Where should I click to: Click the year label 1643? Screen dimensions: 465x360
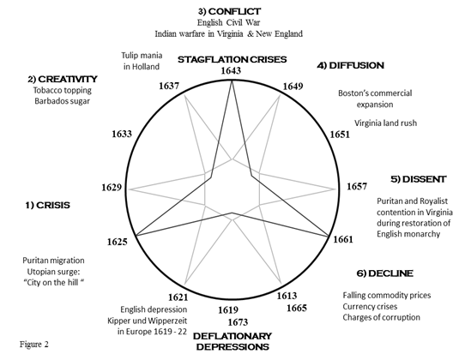(231, 71)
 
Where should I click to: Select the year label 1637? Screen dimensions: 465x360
(169, 86)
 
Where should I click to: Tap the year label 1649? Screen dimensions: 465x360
(293, 87)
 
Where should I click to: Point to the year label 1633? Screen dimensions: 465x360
(122, 134)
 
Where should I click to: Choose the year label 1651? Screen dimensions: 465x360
(340, 135)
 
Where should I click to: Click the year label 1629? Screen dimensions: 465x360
(112, 188)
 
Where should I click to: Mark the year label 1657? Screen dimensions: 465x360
(357, 186)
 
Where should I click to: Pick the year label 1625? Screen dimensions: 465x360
(118, 242)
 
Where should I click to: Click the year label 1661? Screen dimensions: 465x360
(343, 239)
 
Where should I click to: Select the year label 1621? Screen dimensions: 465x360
(178, 297)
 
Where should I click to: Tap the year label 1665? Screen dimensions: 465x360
(297, 309)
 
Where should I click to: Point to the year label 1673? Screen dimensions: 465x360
(238, 322)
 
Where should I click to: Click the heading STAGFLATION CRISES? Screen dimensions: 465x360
(232, 59)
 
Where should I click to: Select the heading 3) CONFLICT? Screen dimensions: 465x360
(230, 11)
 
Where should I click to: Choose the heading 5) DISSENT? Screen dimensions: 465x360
(419, 179)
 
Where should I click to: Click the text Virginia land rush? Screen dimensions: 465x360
(385, 123)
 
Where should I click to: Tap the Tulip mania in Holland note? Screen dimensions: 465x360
(142, 61)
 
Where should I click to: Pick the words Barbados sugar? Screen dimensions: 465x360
(62, 101)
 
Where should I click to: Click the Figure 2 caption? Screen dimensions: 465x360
(34, 345)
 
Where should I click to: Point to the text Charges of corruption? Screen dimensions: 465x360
(382, 317)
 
